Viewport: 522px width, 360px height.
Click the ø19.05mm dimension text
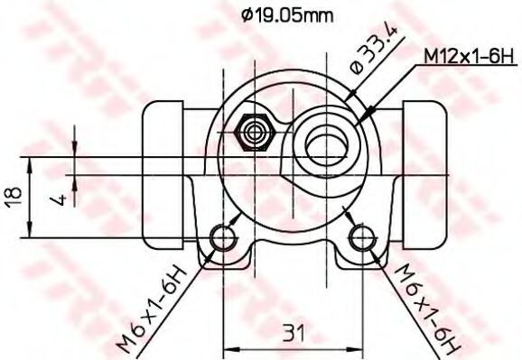coord(287,15)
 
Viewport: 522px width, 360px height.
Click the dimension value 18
coord(14,198)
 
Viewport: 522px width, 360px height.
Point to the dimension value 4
coord(59,199)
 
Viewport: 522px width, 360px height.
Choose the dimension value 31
coord(294,333)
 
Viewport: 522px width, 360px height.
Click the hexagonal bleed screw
coord(255,133)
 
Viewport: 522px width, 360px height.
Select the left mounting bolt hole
coord(223,237)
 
